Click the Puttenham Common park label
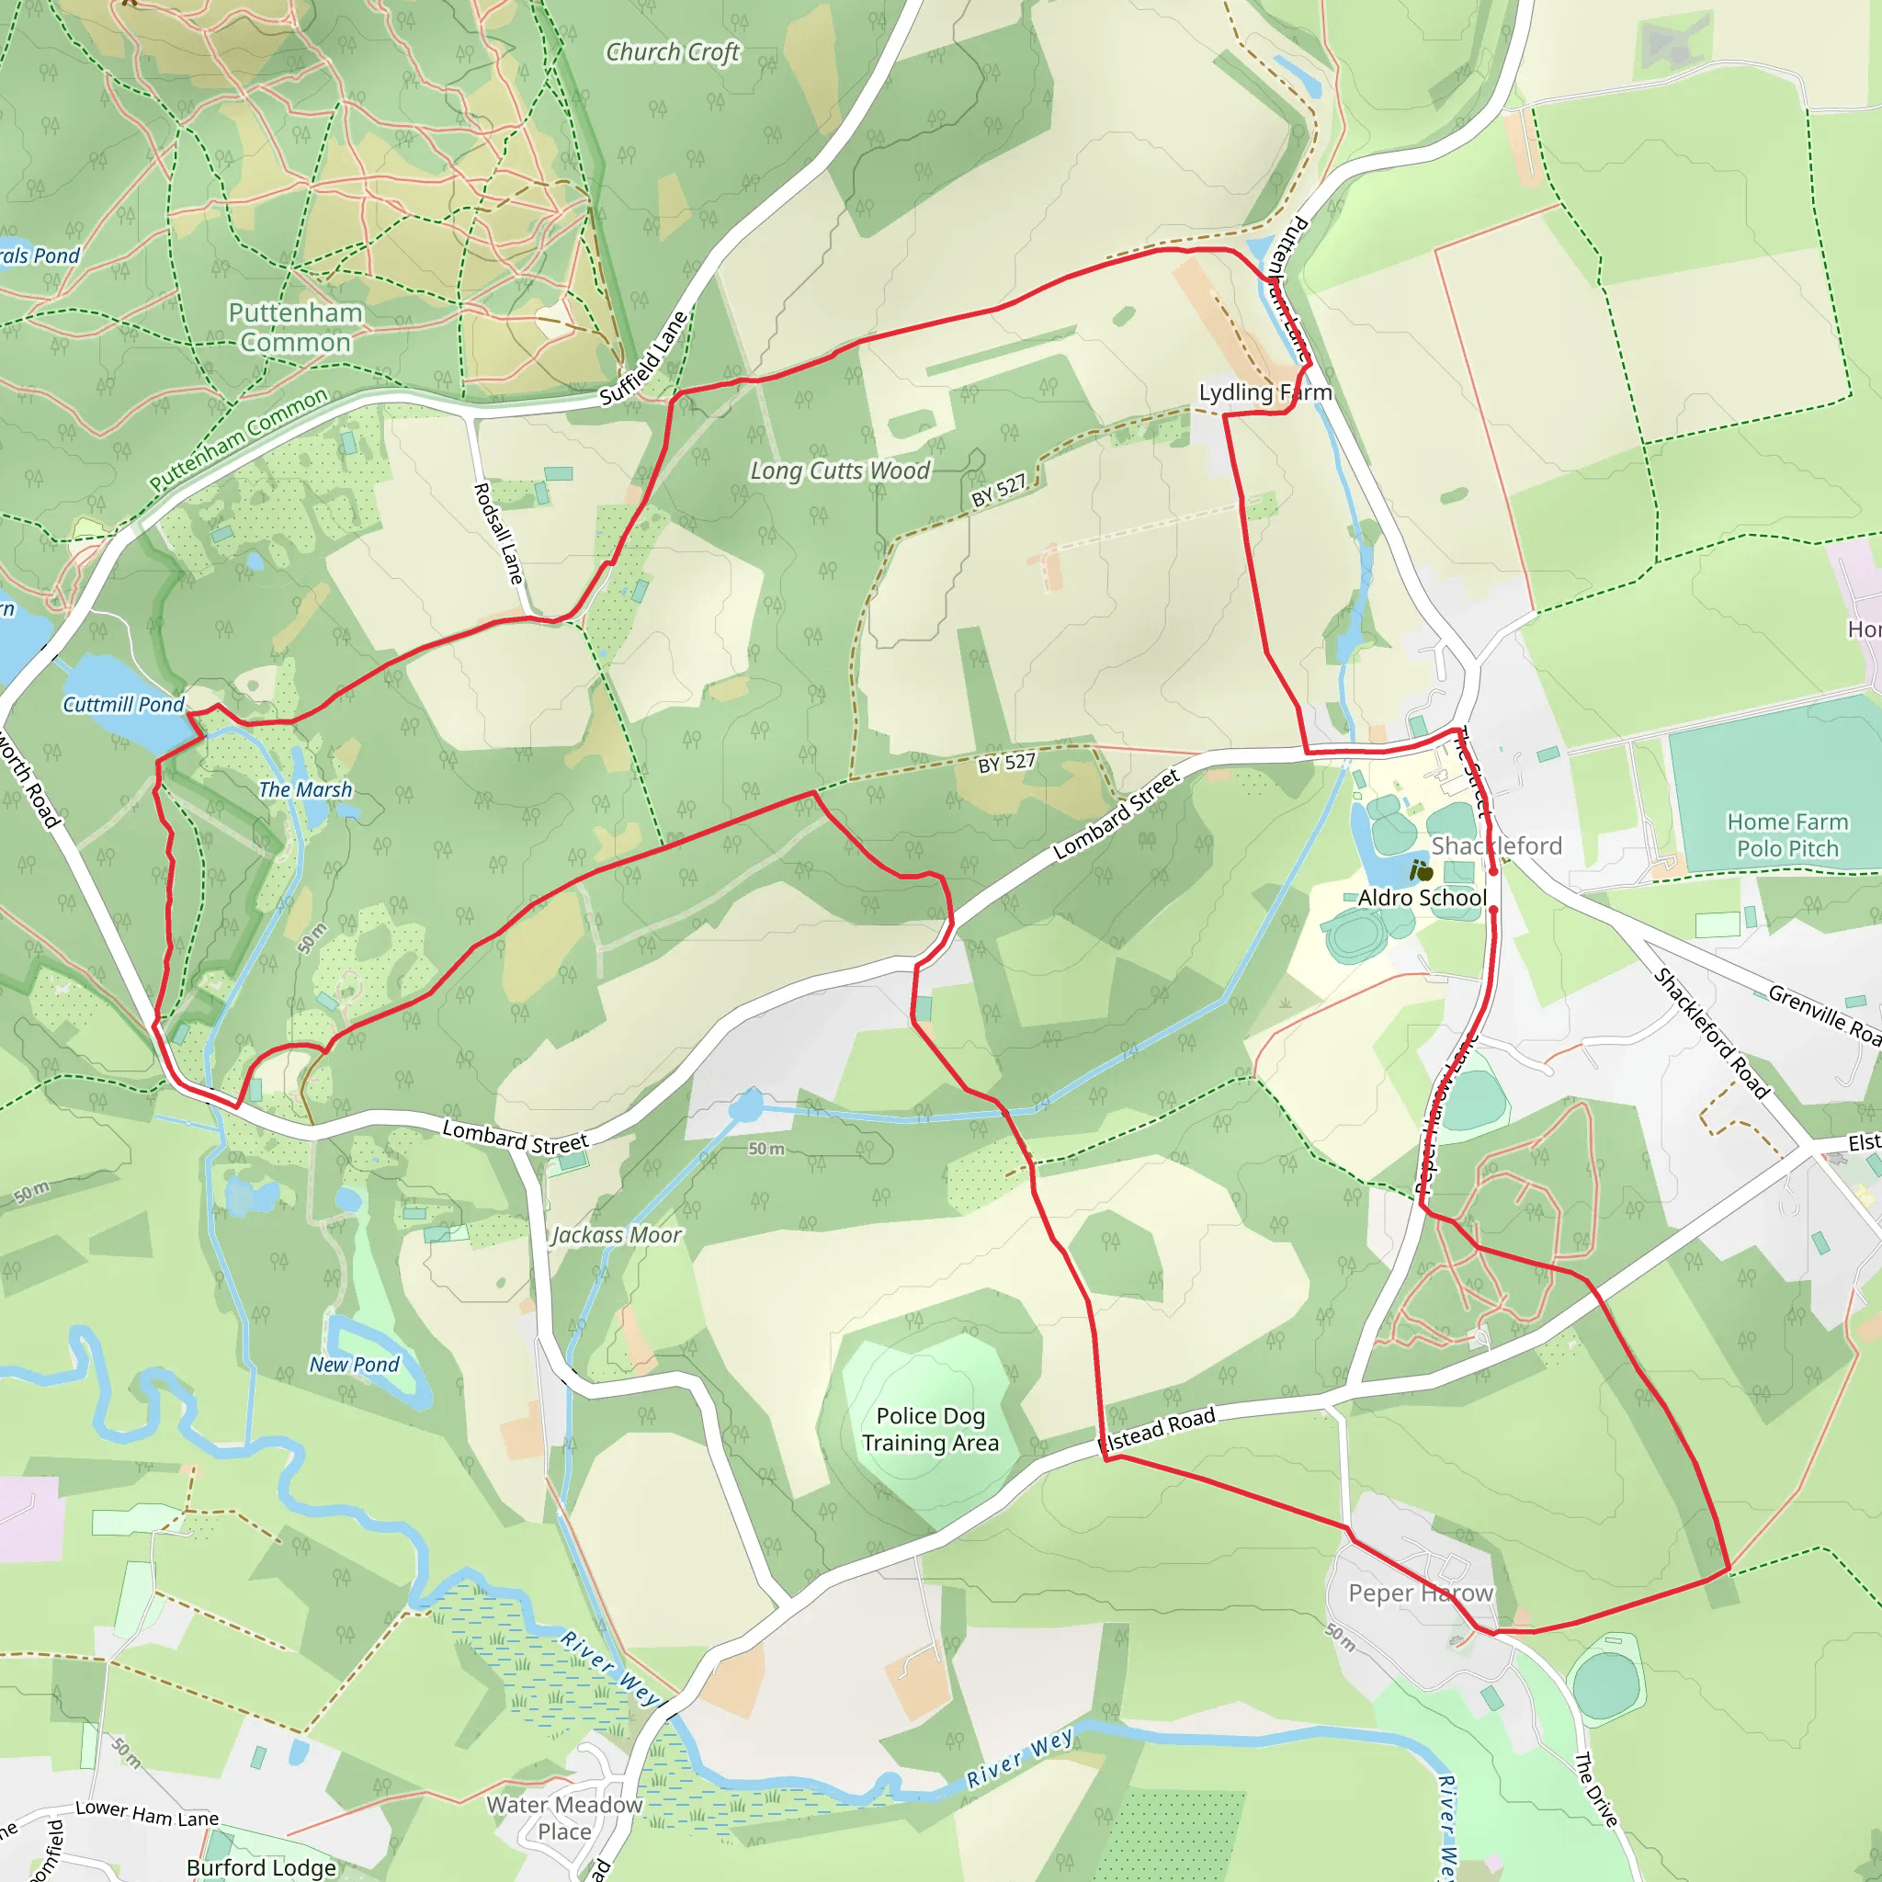[295, 327]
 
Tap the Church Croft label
[672, 52]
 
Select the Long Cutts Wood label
[840, 471]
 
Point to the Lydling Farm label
[1264, 392]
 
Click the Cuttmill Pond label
[123, 704]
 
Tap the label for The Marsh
[305, 790]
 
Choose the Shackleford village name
[1496, 845]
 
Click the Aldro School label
[1423, 898]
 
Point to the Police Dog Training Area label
[930, 1429]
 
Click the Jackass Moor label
[617, 1235]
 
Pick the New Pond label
[355, 1365]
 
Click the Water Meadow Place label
[565, 1818]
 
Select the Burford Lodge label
[261, 1867]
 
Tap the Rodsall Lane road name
[499, 533]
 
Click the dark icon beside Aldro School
[1423, 871]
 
